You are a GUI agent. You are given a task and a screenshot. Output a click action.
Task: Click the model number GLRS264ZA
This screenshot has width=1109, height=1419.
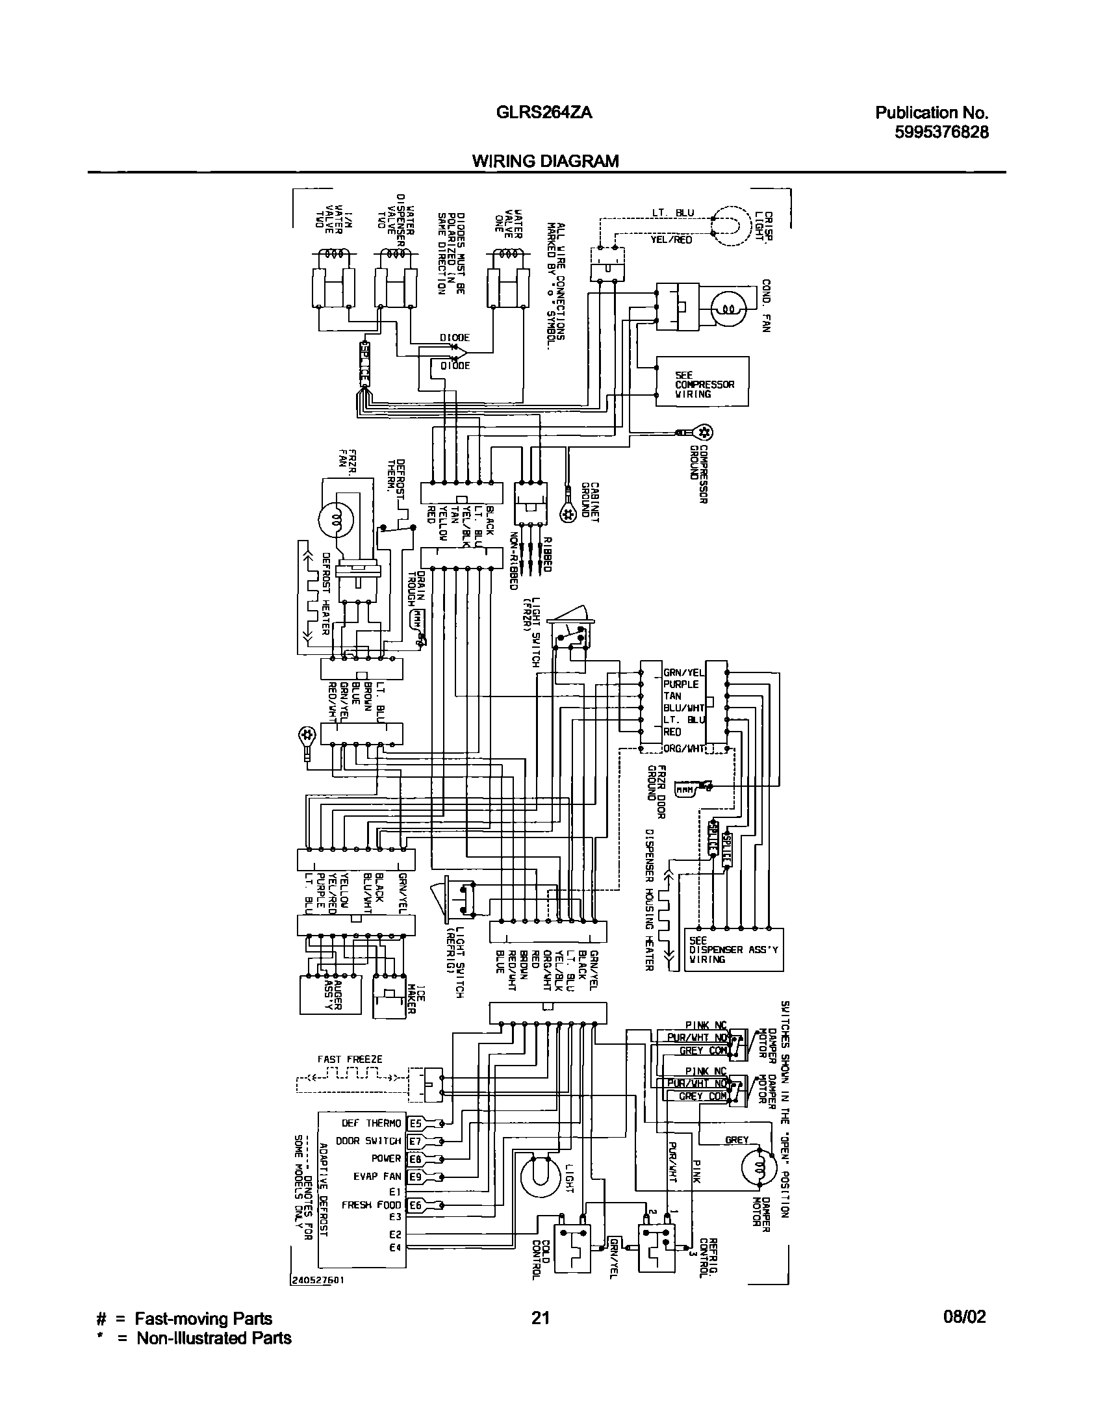(x=543, y=112)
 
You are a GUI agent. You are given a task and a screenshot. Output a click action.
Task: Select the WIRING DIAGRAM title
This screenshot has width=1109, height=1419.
(x=545, y=160)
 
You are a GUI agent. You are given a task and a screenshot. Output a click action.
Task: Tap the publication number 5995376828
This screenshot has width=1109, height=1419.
(x=941, y=132)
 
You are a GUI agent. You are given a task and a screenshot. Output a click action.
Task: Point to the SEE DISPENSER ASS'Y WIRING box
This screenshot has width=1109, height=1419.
(x=733, y=949)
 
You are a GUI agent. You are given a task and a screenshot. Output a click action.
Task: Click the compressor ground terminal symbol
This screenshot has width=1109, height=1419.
(x=704, y=432)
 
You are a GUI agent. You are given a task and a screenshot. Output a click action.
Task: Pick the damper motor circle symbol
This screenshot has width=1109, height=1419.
(x=759, y=1168)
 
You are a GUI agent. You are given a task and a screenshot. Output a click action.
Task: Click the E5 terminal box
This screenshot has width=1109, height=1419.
(x=415, y=1123)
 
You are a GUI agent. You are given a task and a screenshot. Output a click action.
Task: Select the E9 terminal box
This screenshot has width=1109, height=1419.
(x=415, y=1176)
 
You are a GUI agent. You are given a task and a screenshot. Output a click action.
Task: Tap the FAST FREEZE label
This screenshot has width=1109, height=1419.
(x=350, y=1059)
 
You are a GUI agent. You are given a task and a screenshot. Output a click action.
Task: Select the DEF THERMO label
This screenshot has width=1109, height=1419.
(x=372, y=1123)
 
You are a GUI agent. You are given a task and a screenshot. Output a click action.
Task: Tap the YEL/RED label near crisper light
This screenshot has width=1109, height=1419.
(x=671, y=240)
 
